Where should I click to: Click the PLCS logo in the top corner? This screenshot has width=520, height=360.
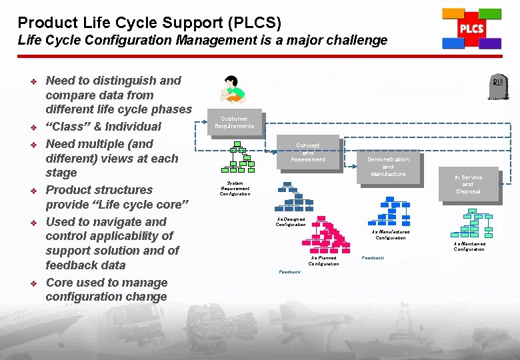(471, 29)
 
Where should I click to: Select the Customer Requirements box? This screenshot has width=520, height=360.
(234, 122)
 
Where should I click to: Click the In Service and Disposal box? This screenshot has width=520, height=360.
(468, 184)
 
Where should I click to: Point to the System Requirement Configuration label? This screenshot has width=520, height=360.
(235, 188)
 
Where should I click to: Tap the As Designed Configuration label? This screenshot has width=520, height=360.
(291, 221)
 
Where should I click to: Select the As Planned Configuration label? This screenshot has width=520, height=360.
(323, 261)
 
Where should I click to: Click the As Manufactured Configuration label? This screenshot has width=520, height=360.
(390, 235)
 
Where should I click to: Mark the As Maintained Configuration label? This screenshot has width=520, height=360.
(469, 246)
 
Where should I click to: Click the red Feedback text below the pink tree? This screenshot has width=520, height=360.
(289, 272)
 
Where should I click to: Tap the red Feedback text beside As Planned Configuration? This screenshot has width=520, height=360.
(373, 257)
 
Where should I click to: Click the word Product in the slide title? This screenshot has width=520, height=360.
(41, 23)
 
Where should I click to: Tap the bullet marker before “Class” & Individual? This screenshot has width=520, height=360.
(32, 127)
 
